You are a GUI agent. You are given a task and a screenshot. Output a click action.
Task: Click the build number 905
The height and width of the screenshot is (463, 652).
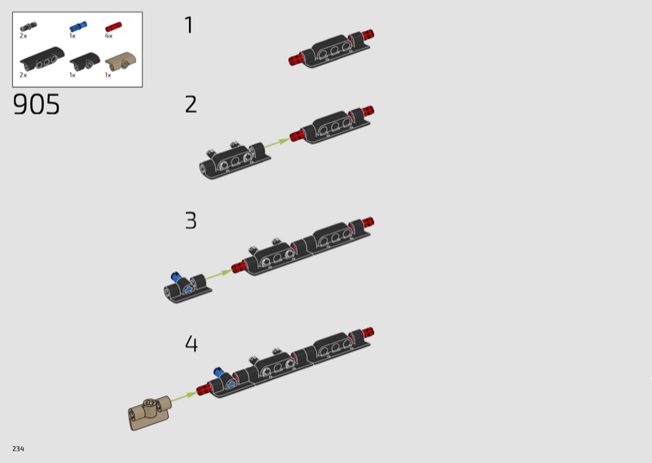pos(37,104)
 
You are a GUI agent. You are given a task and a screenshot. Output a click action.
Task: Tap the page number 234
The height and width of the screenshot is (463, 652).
pos(18,448)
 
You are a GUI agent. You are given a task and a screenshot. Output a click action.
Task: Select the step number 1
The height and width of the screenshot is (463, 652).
pos(189,25)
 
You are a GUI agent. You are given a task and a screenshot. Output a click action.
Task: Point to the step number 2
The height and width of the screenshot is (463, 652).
pos(191,104)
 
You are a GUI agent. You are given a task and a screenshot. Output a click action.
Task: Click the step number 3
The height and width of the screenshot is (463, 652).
pos(191,220)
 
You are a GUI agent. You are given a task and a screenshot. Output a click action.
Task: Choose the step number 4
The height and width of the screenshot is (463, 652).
pos(192,344)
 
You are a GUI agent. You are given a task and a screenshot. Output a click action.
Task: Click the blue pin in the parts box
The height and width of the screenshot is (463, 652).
pos(78,27)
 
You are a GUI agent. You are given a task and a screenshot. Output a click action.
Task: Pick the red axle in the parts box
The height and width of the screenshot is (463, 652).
pos(113,27)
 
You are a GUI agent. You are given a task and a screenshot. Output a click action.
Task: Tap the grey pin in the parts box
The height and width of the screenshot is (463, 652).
pos(29,27)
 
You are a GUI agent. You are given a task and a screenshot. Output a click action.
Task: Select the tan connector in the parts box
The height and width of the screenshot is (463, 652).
pos(121,62)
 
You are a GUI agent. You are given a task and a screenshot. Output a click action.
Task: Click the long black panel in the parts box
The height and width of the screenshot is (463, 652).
pos(42,59)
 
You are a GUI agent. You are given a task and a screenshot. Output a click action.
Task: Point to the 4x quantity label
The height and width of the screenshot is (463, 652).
pos(108,36)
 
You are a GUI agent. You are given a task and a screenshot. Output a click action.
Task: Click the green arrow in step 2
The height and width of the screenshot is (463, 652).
pos(277,143)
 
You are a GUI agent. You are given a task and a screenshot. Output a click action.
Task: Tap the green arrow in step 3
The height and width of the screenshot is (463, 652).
pos(218,275)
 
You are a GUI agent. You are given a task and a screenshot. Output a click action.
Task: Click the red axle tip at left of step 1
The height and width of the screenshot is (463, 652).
pos(294,60)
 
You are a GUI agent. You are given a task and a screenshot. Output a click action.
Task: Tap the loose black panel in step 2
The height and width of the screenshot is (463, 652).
pos(235,161)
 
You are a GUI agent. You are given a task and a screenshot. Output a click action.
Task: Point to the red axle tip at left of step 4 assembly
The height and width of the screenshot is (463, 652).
pos(202,389)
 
